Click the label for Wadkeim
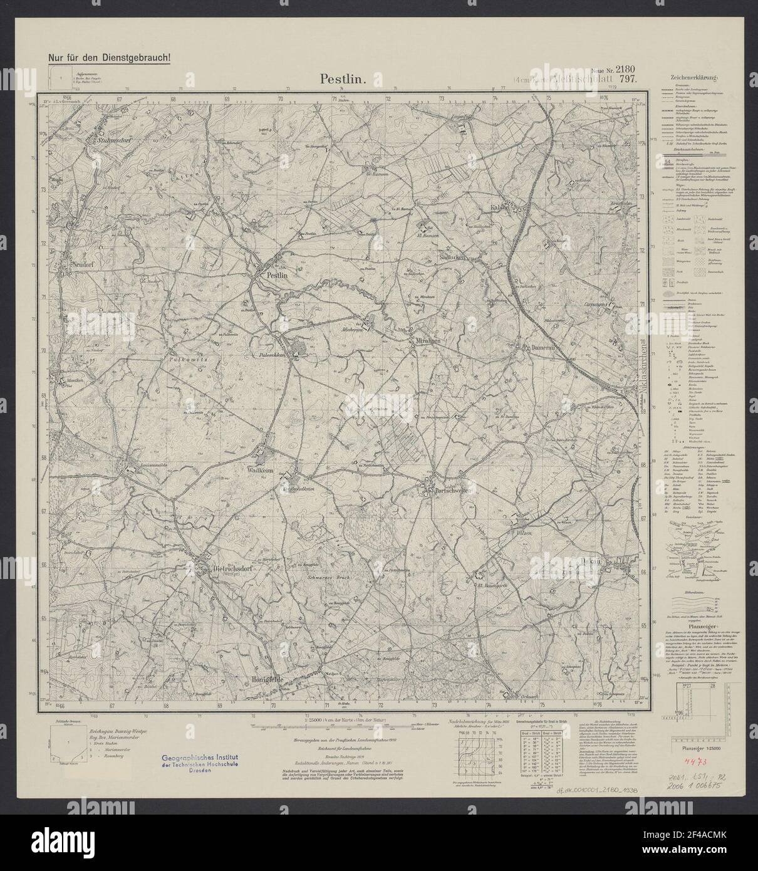pos(262,467)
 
